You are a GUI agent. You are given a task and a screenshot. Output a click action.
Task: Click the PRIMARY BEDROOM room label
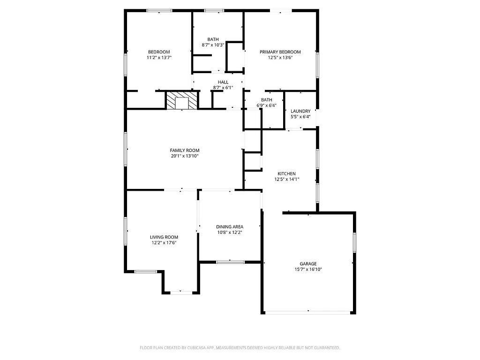pos(280,52)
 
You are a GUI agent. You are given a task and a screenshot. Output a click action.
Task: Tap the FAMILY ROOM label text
pos(184,150)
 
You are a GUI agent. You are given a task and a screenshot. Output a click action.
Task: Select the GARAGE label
pos(308,264)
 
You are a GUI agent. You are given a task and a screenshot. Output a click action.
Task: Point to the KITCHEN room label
pos(286,173)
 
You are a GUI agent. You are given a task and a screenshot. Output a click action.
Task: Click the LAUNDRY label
pos(300,111)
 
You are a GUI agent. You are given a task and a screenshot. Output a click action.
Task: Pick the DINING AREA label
pos(230,227)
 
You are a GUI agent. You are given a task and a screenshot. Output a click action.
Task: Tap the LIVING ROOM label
pos(164,237)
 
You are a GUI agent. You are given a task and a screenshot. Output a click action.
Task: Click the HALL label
pos(223,82)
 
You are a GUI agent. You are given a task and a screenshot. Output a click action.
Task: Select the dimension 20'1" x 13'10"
pos(184,156)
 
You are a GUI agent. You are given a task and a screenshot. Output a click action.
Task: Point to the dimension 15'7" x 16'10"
pos(308,270)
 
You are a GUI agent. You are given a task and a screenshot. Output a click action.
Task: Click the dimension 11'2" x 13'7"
pos(159,58)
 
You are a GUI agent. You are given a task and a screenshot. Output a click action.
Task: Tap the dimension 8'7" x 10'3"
pos(213,45)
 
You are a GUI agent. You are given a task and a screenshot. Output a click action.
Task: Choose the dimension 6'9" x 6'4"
pos(266,105)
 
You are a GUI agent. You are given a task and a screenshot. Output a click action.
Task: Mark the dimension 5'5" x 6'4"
pos(300,117)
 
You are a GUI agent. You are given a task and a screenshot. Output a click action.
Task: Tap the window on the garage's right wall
pos(354,242)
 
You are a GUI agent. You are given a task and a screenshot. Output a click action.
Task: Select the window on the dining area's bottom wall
pos(230,262)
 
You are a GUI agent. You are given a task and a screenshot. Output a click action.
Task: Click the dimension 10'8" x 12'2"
pos(230,232)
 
